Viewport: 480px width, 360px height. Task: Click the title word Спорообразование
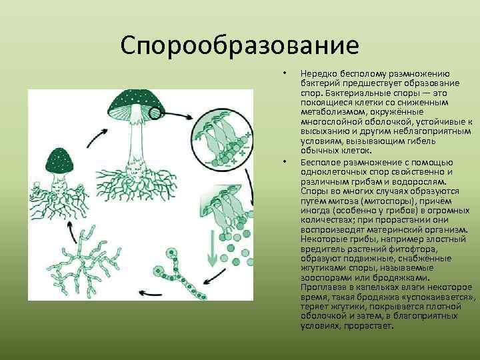tap(240, 46)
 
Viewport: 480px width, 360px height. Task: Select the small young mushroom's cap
tap(61, 160)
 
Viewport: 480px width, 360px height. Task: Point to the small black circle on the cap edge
tap(155, 113)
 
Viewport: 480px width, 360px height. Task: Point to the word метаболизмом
tap(329, 111)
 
